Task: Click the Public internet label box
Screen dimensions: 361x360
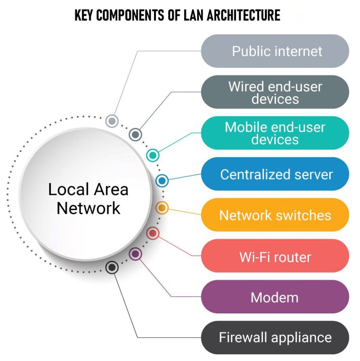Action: (x=275, y=51)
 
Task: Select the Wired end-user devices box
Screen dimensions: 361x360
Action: (x=275, y=92)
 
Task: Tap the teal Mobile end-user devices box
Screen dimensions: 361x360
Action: (x=275, y=133)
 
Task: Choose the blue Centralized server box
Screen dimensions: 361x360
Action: (x=275, y=174)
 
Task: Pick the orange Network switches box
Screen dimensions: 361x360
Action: (x=275, y=215)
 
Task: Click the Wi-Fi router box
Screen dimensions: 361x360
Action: (x=275, y=256)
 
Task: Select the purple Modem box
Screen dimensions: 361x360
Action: (x=275, y=297)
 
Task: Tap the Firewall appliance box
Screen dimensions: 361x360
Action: (x=275, y=338)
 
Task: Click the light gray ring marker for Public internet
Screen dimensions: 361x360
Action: (x=112, y=121)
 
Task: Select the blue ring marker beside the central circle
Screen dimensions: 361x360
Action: (x=162, y=181)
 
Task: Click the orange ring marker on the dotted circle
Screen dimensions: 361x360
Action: (x=162, y=208)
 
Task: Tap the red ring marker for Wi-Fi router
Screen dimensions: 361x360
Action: (x=153, y=233)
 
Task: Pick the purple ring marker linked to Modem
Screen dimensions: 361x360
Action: (x=135, y=253)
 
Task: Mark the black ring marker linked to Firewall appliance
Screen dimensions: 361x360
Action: (x=112, y=267)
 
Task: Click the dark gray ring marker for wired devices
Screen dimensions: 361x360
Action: (x=135, y=134)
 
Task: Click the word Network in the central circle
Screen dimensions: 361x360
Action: (x=89, y=208)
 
